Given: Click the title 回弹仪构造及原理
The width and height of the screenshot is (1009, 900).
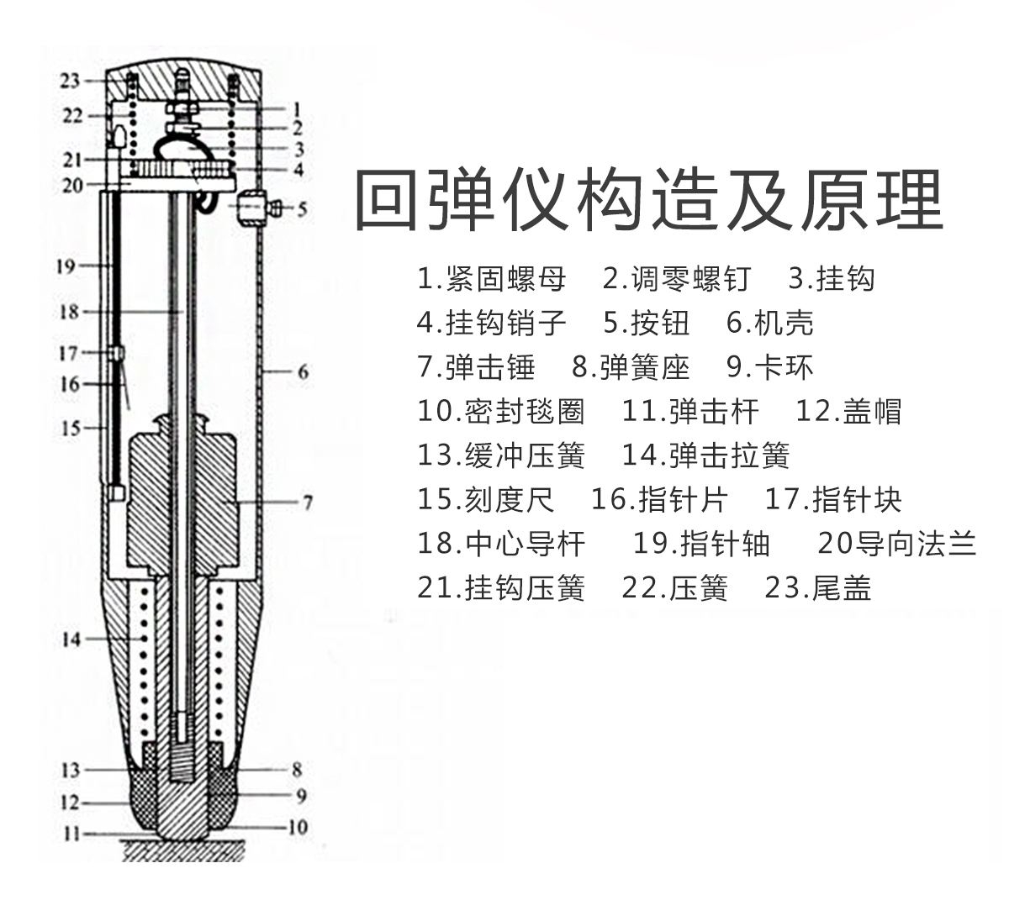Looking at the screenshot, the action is click(x=649, y=200).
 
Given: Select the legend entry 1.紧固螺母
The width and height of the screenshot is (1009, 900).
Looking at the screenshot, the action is click(x=491, y=279).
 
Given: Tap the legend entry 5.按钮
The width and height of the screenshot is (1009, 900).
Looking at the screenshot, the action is click(x=647, y=323).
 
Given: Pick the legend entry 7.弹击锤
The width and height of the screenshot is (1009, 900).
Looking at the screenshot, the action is click(x=476, y=367).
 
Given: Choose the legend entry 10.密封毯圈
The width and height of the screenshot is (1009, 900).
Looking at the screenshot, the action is click(x=500, y=412).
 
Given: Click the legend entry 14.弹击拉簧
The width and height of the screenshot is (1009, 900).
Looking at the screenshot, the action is click(x=705, y=455).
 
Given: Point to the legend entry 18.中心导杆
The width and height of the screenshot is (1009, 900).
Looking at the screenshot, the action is click(x=500, y=544).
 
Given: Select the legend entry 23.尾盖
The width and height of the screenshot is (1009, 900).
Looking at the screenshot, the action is click(x=818, y=588).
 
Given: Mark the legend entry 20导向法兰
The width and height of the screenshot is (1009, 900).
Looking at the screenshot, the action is click(x=896, y=544).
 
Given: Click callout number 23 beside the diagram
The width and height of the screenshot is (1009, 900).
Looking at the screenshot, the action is click(x=70, y=81).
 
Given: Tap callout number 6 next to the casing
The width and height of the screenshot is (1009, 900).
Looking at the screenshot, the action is click(x=303, y=371).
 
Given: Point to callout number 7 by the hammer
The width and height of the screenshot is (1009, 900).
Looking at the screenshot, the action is click(x=308, y=503).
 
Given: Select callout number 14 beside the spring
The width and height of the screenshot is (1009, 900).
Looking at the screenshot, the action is click(x=71, y=639).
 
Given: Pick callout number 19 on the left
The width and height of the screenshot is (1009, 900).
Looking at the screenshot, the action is click(x=66, y=266).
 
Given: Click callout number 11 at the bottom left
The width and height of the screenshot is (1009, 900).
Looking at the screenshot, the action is click(x=71, y=834).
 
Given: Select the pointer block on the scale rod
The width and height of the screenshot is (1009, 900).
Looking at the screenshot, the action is click(x=117, y=354).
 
